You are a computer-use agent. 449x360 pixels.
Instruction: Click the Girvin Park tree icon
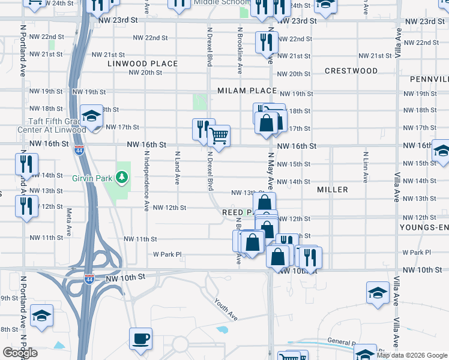click(x=122, y=177)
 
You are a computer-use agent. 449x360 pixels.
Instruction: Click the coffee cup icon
click(x=141, y=338)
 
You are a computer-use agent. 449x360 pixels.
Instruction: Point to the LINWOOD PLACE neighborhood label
click(x=143, y=64)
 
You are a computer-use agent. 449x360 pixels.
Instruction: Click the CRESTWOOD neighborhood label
click(x=351, y=71)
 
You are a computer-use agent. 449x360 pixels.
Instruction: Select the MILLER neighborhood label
click(x=333, y=190)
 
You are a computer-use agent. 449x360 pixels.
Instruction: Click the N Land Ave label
click(x=177, y=168)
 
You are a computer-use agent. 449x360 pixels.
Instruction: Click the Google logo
click(x=20, y=353)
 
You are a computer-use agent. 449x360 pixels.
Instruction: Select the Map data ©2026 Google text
click(x=412, y=355)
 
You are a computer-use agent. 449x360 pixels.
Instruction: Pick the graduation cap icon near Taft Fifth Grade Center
click(x=92, y=116)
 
